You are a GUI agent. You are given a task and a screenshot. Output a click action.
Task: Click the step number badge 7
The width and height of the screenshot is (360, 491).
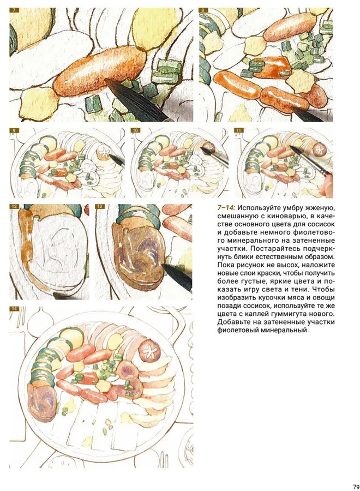tap(14, 10)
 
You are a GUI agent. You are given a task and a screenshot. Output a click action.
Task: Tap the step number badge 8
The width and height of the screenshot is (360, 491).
tap(203, 10)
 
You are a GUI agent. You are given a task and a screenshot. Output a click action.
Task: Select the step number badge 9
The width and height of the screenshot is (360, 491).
tap(14, 130)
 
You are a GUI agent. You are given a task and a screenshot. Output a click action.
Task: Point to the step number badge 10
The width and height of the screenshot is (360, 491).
tap(136, 130)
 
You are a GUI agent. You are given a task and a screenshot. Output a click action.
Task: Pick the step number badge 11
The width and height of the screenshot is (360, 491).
tap(239, 130)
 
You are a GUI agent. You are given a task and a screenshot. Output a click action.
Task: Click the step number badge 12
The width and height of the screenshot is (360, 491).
tap(14, 207)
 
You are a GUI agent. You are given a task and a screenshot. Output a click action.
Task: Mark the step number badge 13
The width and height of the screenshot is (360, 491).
tap(100, 207)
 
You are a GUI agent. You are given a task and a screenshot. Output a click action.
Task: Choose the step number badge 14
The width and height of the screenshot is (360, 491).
tap(14, 309)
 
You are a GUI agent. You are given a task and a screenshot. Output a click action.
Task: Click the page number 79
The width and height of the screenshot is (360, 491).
tap(356, 487)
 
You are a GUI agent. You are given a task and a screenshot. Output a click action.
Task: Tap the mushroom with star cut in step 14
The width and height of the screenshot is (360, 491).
tap(150, 350)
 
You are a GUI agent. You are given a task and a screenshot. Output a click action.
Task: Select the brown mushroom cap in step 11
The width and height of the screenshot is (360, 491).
tap(319, 149)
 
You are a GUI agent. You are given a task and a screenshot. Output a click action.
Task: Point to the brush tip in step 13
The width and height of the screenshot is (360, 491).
tap(164, 267)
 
